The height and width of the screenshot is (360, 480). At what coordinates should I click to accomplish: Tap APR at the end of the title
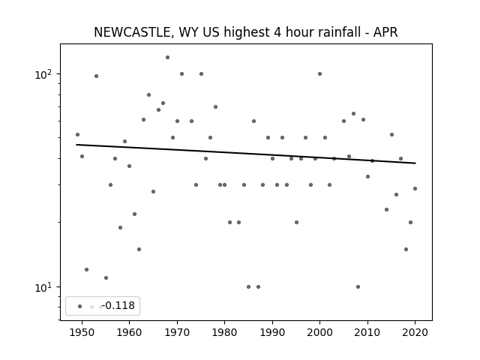pyautogui.click(x=385, y=32)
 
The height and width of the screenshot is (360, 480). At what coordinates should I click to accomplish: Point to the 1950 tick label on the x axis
pyautogui.click(x=82, y=332)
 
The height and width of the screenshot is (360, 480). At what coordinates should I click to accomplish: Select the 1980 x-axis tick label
pyautogui.click(x=224, y=332)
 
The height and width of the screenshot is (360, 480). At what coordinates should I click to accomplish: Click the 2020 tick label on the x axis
pyautogui.click(x=415, y=332)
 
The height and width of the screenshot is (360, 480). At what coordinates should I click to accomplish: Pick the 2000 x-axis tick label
pyautogui.click(x=319, y=332)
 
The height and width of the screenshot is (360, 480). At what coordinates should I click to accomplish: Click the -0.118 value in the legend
pyautogui.click(x=118, y=305)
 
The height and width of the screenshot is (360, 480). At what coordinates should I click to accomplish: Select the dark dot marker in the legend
pyautogui.click(x=80, y=307)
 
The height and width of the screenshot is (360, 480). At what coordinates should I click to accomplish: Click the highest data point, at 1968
pyautogui.click(x=167, y=57)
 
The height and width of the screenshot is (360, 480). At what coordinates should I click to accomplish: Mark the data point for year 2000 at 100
pyautogui.click(x=320, y=73)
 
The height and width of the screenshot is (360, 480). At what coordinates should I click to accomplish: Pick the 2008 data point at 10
pyautogui.click(x=358, y=286)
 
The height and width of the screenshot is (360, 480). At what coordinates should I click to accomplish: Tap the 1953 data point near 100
pyautogui.click(x=96, y=76)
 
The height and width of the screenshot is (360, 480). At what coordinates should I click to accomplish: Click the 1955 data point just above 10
pyautogui.click(x=106, y=278)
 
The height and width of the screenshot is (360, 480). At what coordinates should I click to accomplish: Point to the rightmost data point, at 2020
pyautogui.click(x=415, y=188)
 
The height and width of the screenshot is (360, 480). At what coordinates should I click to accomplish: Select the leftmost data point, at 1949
pyautogui.click(x=77, y=135)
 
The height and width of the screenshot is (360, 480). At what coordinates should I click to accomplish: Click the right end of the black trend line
pyautogui.click(x=415, y=163)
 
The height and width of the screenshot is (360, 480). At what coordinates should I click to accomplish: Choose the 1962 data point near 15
pyautogui.click(x=139, y=250)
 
